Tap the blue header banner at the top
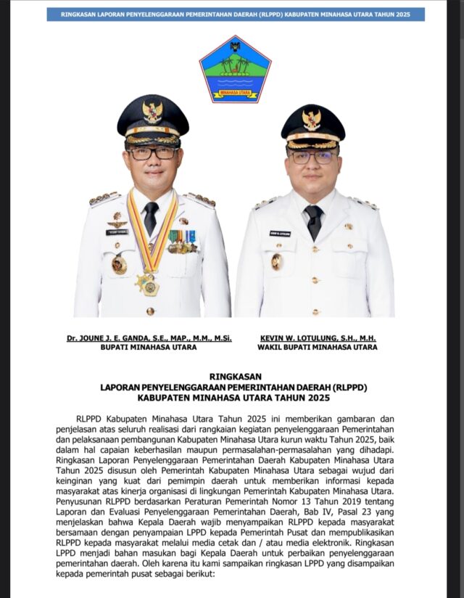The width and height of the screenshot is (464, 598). click(236, 15)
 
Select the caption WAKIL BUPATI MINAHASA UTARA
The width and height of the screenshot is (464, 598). click(318, 347)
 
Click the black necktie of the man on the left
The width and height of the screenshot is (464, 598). click(152, 216)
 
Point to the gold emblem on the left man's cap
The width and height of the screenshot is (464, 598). click(152, 112)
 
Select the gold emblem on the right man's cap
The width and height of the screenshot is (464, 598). click(312, 120)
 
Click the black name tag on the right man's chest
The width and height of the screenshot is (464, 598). click(280, 234)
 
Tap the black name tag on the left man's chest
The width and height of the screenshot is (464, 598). click(117, 232)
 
